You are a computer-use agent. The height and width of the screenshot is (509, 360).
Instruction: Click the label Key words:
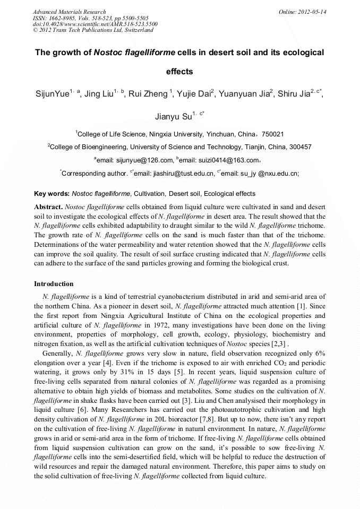[x=52, y=194]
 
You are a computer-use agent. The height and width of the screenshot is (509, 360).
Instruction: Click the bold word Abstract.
[x=48, y=206]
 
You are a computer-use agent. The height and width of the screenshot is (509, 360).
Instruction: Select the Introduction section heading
[x=54, y=284]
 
